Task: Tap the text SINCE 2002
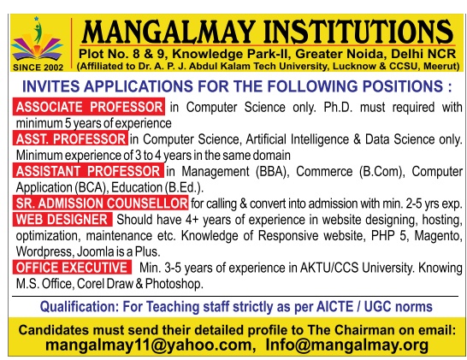38,68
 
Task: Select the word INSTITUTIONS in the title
358,32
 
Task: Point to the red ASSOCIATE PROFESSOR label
89,107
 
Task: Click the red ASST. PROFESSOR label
71,139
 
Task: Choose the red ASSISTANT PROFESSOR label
88,171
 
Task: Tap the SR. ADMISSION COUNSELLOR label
101,203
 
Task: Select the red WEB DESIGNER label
62,220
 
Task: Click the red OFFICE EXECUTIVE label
72,268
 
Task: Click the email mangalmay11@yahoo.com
151,345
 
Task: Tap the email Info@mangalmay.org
347,345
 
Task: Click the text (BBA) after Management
272,172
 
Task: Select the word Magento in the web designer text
438,236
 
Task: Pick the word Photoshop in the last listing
174,284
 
